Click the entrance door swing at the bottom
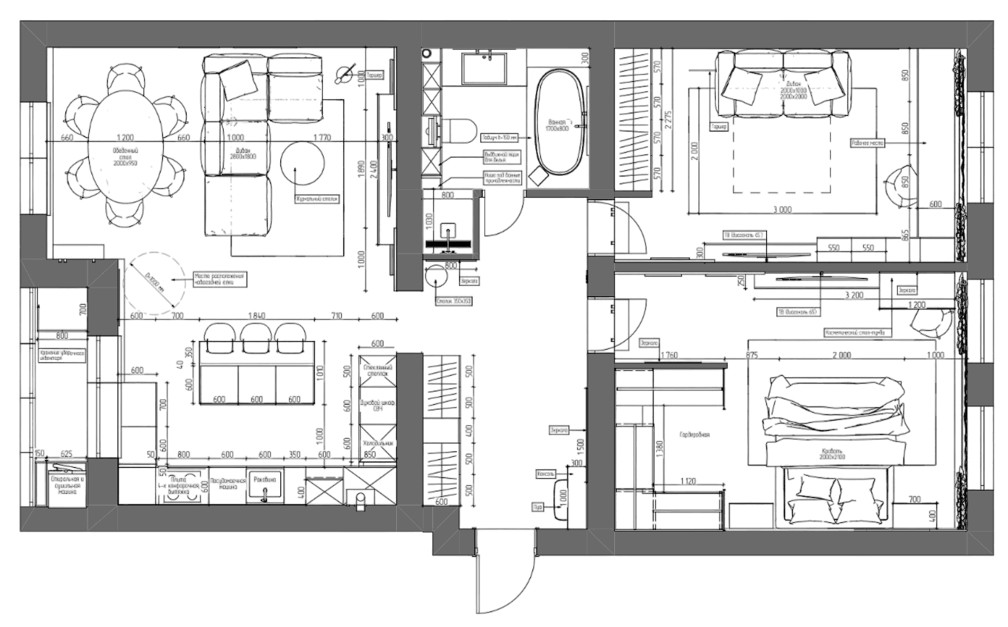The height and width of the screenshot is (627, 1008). (504, 575)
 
